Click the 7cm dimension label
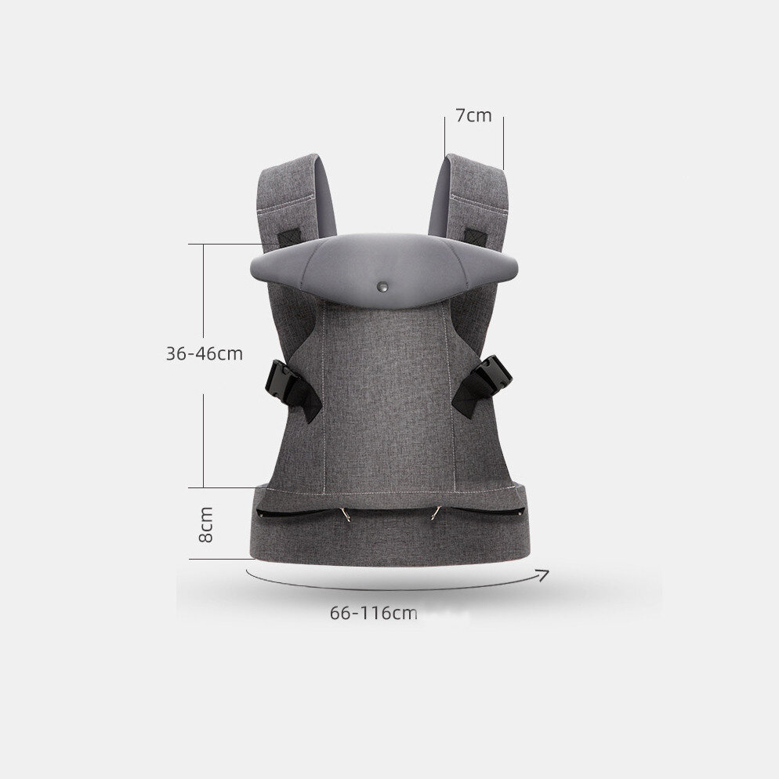pyautogui.click(x=473, y=116)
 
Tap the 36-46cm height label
pyautogui.click(x=205, y=353)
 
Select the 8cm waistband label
pyautogui.click(x=205, y=524)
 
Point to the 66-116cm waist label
pyautogui.click(x=374, y=613)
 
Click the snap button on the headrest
pyautogui.click(x=382, y=286)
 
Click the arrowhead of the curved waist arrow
pyautogui.click(x=545, y=574)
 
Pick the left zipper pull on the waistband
pyautogui.click(x=346, y=513)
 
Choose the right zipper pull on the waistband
pyautogui.click(x=436, y=513)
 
